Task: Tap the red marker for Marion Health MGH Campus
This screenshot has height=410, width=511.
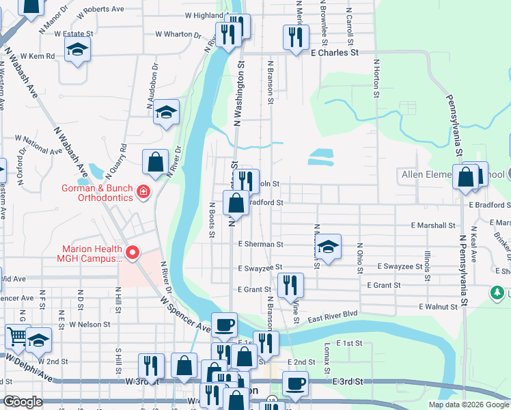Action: click(132, 254)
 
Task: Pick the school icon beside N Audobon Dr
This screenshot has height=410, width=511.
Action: click(165, 113)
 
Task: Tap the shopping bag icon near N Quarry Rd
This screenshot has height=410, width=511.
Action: click(156, 163)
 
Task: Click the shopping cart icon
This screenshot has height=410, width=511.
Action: click(18, 336)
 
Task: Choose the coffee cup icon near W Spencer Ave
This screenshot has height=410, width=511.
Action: click(224, 325)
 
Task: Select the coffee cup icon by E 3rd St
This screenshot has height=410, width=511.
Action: click(295, 384)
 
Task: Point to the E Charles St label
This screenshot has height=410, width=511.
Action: click(335, 53)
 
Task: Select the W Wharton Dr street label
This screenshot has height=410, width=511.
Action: click(178, 34)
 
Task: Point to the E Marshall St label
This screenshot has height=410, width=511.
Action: click(433, 225)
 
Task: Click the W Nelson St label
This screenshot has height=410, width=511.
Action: click(89, 343)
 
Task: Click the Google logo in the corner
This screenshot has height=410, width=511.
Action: click(23, 401)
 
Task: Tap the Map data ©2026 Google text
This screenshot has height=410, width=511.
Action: click(469, 405)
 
